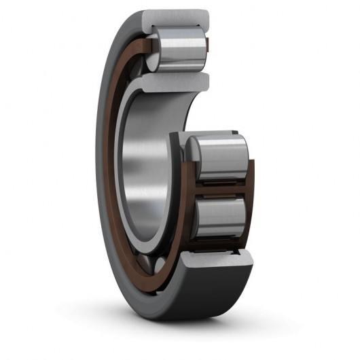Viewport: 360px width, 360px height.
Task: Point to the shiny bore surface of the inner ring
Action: (x=139, y=170)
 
